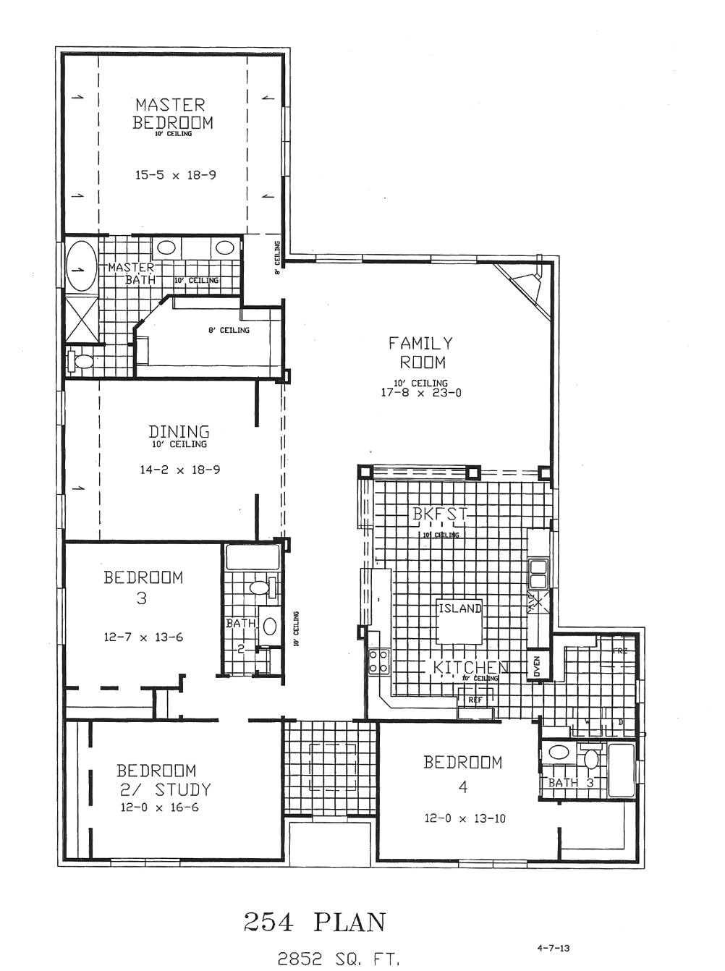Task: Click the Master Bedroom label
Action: pyautogui.click(x=172, y=114)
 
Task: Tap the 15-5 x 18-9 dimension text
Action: pyautogui.click(x=175, y=175)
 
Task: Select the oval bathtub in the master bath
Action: pyautogui.click(x=81, y=266)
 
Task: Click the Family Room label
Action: pyautogui.click(x=420, y=352)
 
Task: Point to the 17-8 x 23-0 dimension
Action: pyautogui.click(x=420, y=394)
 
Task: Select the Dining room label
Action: pyautogui.click(x=179, y=432)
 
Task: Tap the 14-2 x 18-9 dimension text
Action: pyautogui.click(x=179, y=470)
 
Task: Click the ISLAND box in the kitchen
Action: pyautogui.click(x=459, y=621)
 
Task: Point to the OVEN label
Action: pyautogui.click(x=537, y=666)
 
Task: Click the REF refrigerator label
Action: pyautogui.click(x=475, y=700)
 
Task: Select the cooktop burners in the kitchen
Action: pyautogui.click(x=378, y=661)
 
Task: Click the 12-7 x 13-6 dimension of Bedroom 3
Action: pyautogui.click(x=143, y=637)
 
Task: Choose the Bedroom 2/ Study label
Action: pyautogui.click(x=164, y=780)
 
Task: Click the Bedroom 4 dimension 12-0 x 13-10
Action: pyautogui.click(x=465, y=819)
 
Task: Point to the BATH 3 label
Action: pyautogui.click(x=571, y=783)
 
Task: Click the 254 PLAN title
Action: pyautogui.click(x=314, y=923)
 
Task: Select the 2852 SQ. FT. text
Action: pyautogui.click(x=339, y=959)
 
